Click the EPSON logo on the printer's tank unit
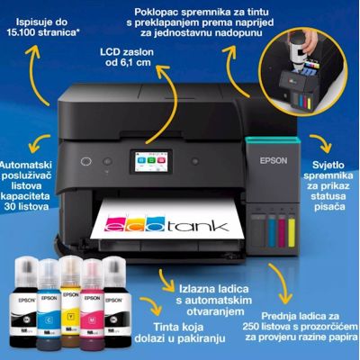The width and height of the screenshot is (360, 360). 274,160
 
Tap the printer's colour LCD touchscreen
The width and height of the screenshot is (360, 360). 151,162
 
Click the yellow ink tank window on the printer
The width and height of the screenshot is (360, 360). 292,232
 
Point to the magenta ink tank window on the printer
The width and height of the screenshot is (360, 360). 282,231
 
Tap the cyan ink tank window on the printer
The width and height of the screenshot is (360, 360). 272,231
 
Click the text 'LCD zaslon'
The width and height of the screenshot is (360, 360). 127,52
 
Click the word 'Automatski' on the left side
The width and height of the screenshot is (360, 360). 26,165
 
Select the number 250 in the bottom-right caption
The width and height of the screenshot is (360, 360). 252,327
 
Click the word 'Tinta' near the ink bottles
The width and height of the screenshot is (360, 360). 166,327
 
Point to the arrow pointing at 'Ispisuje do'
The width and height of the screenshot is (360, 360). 38,74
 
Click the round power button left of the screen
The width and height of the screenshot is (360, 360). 85,161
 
